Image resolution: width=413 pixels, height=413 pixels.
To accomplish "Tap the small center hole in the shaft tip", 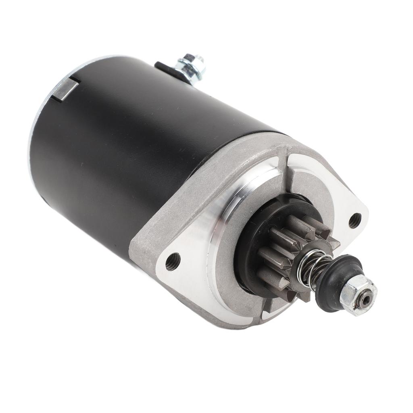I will click(365, 299).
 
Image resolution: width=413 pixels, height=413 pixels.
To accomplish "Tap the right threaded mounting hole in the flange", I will click(355, 220).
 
